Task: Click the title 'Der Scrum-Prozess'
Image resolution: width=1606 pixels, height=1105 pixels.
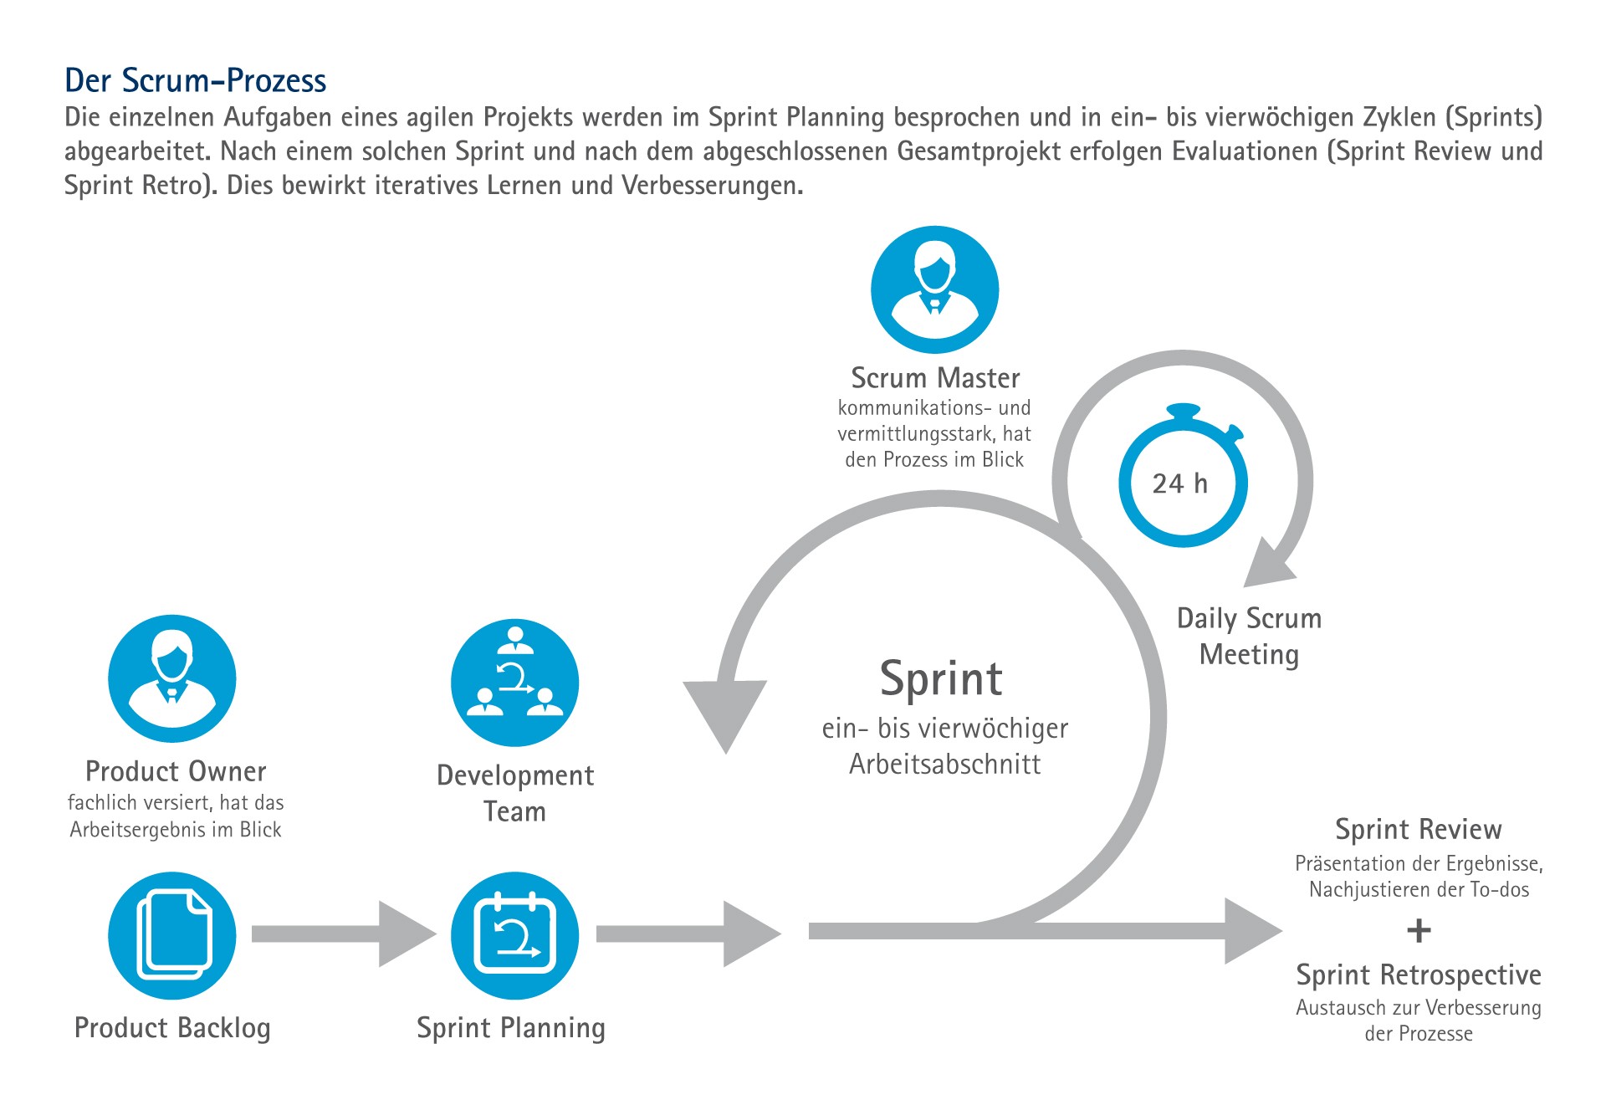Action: pyautogui.click(x=196, y=81)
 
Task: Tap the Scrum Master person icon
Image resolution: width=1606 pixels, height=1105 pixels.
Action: pyautogui.click(x=935, y=289)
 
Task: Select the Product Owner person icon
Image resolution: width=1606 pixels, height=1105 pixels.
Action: pyautogui.click(x=172, y=678)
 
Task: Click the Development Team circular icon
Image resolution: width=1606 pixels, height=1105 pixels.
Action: pyautogui.click(x=514, y=683)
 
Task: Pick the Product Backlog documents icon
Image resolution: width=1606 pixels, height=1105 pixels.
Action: pyautogui.click(x=172, y=935)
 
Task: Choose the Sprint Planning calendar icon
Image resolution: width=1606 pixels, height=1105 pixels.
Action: pyautogui.click(x=514, y=935)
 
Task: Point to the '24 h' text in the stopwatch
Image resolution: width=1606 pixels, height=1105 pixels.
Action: pyautogui.click(x=1180, y=483)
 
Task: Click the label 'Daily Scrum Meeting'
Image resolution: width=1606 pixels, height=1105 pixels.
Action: pyautogui.click(x=1249, y=637)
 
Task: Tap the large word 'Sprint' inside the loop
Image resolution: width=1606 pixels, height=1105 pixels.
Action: pyautogui.click(x=941, y=678)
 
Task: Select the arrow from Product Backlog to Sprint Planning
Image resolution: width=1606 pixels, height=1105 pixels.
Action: pyautogui.click(x=344, y=934)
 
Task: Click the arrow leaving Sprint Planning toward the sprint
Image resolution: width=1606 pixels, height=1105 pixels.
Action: pyautogui.click(x=688, y=934)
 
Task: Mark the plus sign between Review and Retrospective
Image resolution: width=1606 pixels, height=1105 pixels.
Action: pyautogui.click(x=1419, y=930)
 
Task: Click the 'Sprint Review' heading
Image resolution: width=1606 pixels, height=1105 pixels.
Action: pyautogui.click(x=1419, y=829)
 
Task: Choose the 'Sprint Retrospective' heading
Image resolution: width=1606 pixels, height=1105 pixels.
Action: pyautogui.click(x=1419, y=975)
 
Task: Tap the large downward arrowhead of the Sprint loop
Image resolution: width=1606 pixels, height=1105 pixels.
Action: pyautogui.click(x=725, y=712)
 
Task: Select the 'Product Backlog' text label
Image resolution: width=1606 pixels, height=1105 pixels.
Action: pyautogui.click(x=172, y=1028)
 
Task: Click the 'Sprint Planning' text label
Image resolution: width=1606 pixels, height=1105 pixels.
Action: pyautogui.click(x=511, y=1028)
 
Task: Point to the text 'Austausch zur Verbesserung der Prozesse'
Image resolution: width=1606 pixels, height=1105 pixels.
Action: pyautogui.click(x=1419, y=1021)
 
